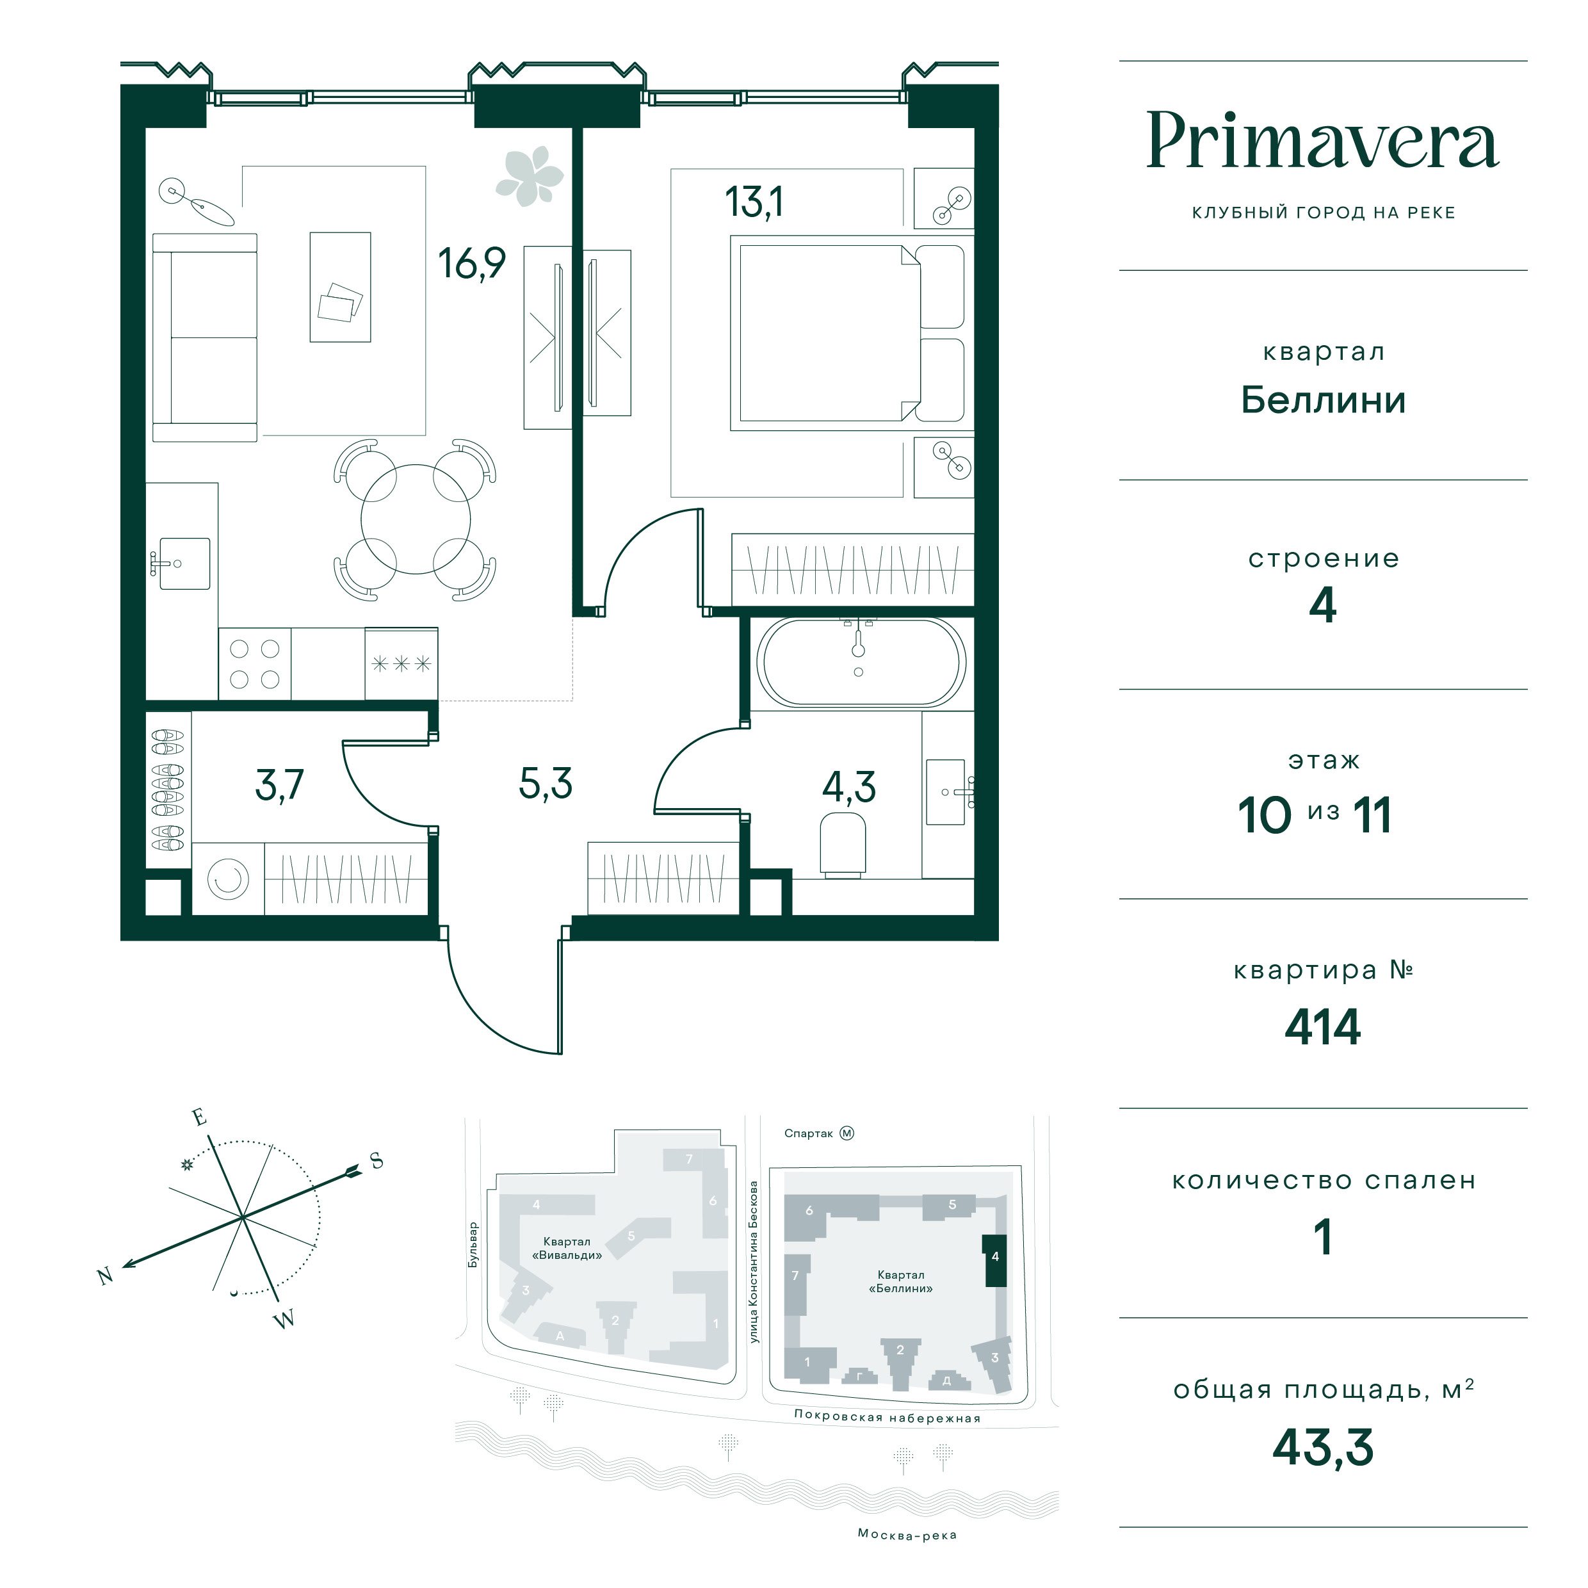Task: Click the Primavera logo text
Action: (x=1322, y=142)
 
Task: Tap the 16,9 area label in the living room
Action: (x=471, y=264)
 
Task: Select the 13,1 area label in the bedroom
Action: (x=754, y=202)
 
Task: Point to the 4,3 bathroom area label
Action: (x=849, y=788)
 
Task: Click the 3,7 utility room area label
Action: (x=279, y=785)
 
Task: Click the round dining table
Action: (x=416, y=519)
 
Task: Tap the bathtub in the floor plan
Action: (x=861, y=661)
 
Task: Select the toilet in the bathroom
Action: (x=843, y=844)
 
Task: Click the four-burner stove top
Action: (x=255, y=664)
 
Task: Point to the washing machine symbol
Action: (x=229, y=879)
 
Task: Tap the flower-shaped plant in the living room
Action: (x=530, y=176)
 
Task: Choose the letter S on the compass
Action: (x=377, y=1162)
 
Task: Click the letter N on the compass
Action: (x=105, y=1276)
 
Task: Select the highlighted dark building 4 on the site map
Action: (x=995, y=1260)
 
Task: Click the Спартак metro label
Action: (x=809, y=1133)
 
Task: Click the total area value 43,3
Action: (x=1322, y=1447)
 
